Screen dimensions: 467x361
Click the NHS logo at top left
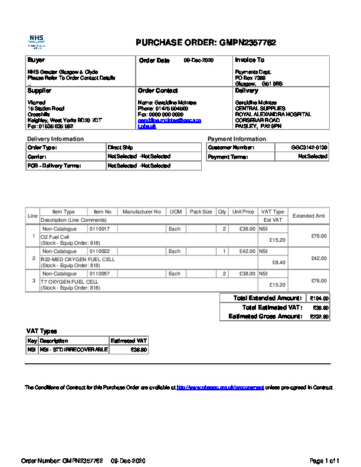37,41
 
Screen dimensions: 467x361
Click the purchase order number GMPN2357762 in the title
248,42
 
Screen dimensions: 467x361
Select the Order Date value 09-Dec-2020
198,61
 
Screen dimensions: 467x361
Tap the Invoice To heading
250,60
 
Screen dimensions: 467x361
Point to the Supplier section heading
40,91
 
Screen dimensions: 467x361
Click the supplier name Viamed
36,103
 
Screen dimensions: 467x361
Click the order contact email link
169,120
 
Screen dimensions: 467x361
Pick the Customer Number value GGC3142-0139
310,147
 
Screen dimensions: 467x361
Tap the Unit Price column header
243,212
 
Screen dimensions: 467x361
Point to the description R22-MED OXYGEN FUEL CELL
77,259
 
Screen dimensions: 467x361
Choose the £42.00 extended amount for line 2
318,258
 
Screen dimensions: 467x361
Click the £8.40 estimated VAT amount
277,262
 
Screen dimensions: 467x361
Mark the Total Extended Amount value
319,298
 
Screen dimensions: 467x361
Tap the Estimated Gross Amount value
319,317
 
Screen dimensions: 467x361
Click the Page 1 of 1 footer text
324,461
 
